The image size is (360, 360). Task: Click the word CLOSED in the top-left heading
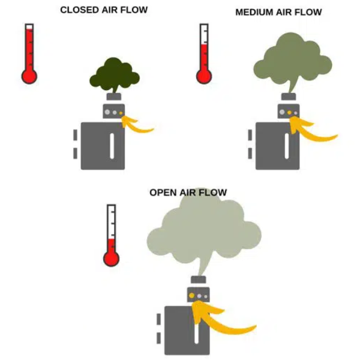(x=77, y=10)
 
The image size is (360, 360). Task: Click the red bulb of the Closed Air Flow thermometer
(x=29, y=76)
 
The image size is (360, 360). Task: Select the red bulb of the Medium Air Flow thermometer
(x=204, y=76)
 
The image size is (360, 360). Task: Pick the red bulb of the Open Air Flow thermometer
(x=111, y=259)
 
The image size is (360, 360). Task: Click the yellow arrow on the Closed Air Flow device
(x=139, y=125)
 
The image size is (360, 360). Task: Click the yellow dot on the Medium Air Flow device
(x=290, y=112)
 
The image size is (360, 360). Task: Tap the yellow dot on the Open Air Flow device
(x=191, y=296)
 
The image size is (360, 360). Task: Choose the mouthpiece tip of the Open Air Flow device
(x=198, y=279)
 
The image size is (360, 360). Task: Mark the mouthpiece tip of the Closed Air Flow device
(x=113, y=96)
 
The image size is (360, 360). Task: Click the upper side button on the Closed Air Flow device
(x=75, y=133)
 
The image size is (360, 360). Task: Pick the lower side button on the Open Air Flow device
(x=159, y=338)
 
